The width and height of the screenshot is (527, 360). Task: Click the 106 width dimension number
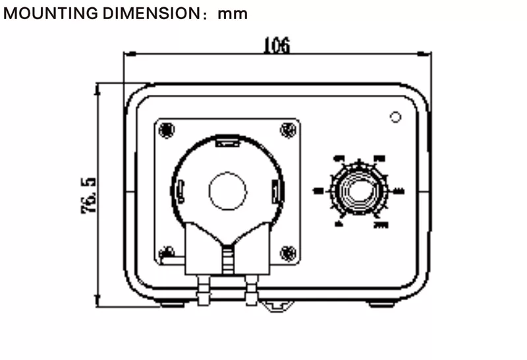276,45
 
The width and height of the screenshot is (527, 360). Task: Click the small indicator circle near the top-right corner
395,118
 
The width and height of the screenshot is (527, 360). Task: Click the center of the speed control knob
360,192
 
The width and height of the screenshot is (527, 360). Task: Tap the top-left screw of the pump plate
167,129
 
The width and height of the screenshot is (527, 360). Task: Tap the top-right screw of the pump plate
287,129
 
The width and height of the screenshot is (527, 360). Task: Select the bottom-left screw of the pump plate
169,252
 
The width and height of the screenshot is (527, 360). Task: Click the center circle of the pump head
227,192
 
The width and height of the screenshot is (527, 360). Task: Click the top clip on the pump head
227,140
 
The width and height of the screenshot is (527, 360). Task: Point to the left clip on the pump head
179,192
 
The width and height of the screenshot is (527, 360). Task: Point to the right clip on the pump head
276,192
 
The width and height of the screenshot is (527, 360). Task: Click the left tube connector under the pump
203,290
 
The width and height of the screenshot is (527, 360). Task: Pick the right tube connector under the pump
251,290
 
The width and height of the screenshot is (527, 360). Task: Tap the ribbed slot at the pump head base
227,260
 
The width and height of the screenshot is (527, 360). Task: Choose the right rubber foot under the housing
381,303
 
